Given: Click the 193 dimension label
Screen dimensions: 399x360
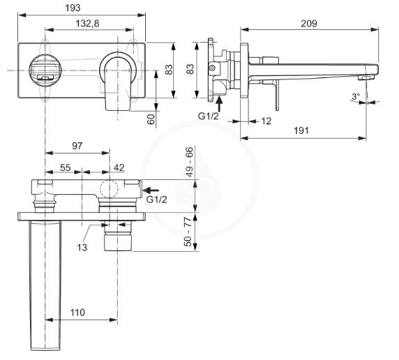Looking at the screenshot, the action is point(73,8).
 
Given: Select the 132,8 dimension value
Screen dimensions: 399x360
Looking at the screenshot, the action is point(87,24).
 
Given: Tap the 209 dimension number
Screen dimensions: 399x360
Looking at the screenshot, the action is point(309,24).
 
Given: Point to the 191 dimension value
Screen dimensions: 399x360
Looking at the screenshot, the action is point(301,130).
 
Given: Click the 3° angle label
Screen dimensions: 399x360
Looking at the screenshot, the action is point(356,96).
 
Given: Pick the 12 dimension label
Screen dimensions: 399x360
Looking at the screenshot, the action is point(266,121).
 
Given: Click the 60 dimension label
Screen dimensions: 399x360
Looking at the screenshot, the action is point(151,119).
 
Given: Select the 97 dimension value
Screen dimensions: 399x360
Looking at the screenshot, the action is point(77,146).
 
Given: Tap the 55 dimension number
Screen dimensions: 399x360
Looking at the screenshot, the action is point(65,167).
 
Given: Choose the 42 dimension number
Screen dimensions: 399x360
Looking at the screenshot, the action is point(119,167).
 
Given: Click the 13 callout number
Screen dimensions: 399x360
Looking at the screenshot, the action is point(82,247).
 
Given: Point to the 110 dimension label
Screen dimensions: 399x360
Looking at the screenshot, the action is point(77,313).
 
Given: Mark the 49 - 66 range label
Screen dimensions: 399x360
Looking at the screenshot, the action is point(189,162).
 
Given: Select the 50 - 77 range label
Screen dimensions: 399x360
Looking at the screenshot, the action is point(188,232).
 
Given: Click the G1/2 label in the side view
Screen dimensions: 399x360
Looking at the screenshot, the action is point(208,116).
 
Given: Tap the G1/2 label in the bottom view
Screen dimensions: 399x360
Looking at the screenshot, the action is point(156,200).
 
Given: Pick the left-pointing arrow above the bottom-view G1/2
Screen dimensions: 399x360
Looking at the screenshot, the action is point(151,190).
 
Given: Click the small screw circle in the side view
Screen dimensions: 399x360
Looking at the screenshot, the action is point(212,68).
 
